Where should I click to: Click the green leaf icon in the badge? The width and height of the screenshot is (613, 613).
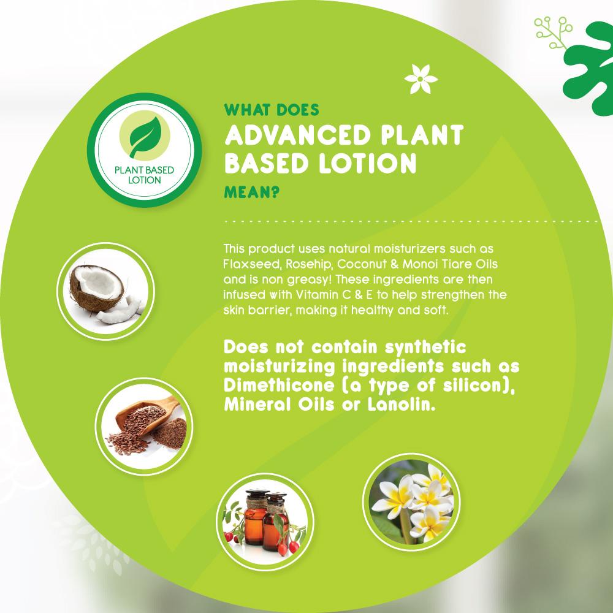(x=145, y=137)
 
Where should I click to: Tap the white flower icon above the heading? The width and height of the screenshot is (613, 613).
(x=421, y=79)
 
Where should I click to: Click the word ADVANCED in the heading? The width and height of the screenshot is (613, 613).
(x=297, y=135)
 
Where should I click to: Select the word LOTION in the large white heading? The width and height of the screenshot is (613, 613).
(x=367, y=163)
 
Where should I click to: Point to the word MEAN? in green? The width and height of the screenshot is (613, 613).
(x=252, y=192)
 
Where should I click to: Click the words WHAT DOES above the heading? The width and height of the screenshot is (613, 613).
(x=272, y=110)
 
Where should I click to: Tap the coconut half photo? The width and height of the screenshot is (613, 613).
(x=105, y=291)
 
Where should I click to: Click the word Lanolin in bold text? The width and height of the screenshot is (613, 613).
(x=401, y=405)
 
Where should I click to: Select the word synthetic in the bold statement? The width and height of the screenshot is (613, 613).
(x=425, y=347)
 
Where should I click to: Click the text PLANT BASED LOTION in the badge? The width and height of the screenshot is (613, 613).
(x=144, y=175)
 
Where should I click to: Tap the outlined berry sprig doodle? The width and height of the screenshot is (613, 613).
(x=552, y=32)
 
